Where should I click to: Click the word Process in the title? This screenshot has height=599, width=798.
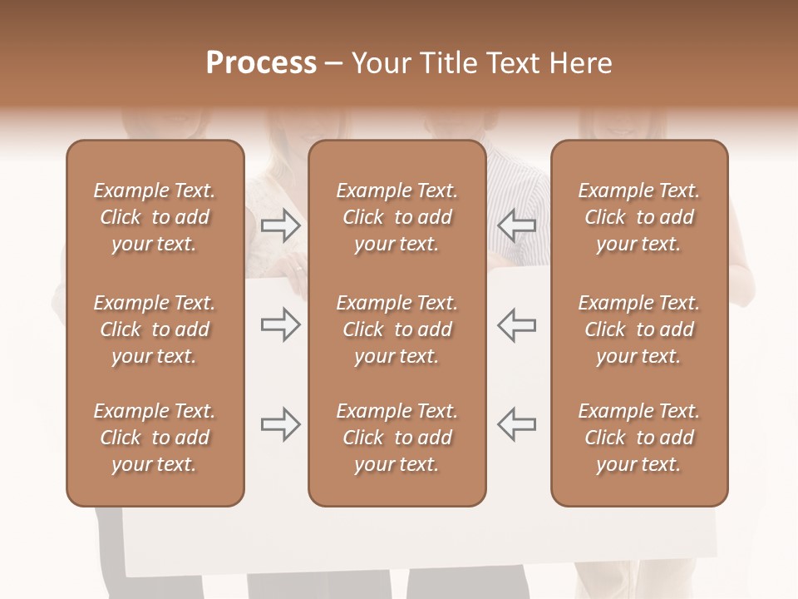[x=261, y=63]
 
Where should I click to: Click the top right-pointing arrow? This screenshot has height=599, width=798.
[x=281, y=225]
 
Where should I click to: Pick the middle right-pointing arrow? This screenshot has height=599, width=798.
[x=281, y=325]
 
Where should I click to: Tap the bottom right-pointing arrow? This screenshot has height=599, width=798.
[x=281, y=424]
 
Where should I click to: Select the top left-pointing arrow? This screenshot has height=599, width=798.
[x=516, y=225]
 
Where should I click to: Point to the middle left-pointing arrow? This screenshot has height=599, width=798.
[x=516, y=325]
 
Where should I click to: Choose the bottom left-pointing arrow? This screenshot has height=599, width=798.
[x=516, y=424]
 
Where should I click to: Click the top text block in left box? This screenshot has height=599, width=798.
[x=155, y=217]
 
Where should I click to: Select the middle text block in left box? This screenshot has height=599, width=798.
[x=155, y=329]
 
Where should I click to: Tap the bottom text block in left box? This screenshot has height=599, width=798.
[x=155, y=438]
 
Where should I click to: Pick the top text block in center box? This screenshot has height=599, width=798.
[x=397, y=217]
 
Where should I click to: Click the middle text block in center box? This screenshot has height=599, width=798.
[x=397, y=329]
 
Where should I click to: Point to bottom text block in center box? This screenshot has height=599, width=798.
[x=397, y=438]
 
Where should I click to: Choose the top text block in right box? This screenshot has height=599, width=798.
[x=639, y=217]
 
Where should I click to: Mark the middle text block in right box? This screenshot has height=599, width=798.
[x=639, y=329]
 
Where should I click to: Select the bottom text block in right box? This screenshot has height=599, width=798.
[x=639, y=438]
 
